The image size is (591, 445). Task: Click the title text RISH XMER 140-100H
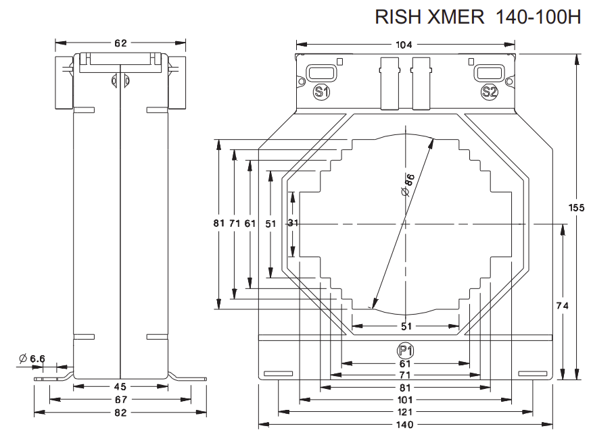[x=478, y=18]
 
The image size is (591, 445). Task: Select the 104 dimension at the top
[x=404, y=45]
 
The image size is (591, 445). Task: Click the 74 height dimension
[x=562, y=306]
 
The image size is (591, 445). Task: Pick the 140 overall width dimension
[x=404, y=425]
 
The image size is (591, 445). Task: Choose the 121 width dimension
[x=404, y=412]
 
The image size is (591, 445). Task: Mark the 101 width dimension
[x=404, y=399]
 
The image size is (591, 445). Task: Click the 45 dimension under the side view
[x=120, y=387]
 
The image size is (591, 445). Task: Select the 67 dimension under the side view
[x=120, y=400]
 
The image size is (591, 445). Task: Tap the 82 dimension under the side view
[x=120, y=412]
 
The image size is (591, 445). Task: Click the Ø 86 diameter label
[x=407, y=184]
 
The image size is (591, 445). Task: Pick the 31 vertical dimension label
[x=293, y=224]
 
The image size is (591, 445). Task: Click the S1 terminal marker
[x=321, y=93]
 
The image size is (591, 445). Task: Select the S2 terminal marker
[x=489, y=93]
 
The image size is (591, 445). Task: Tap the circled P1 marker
[x=404, y=350]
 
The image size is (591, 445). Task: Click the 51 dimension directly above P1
[x=404, y=328]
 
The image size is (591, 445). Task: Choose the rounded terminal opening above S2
[x=488, y=73]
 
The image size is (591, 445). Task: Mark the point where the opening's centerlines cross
[x=404, y=224]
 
